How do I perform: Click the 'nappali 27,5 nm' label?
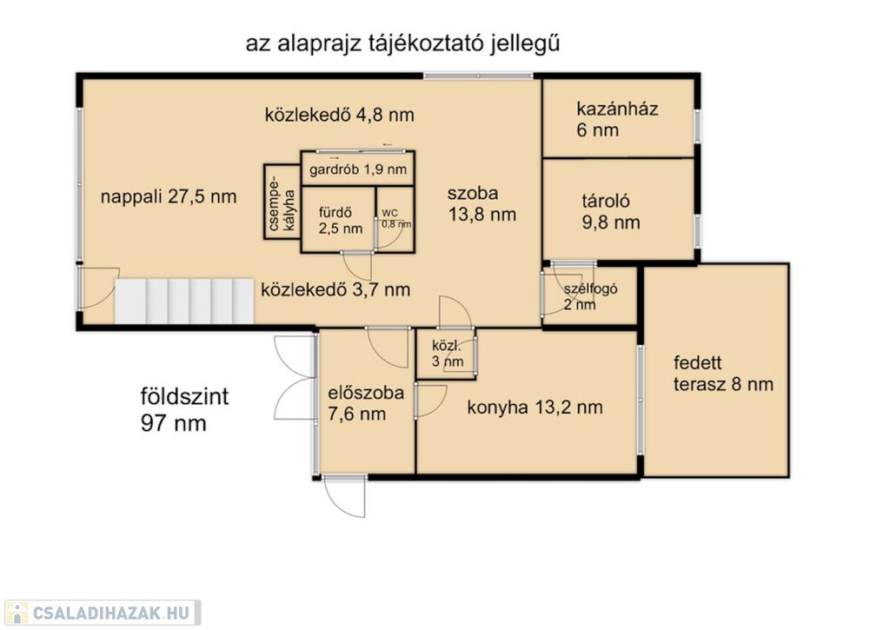169,197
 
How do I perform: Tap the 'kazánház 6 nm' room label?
617,119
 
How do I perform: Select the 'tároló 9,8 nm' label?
611,212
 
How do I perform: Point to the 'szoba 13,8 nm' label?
482,203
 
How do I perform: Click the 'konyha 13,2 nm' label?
535,407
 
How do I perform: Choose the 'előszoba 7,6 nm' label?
366,403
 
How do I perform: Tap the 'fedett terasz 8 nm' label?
723,374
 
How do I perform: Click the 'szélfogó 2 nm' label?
590,297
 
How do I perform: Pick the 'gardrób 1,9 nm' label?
357,169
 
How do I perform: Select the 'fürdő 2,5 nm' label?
340,221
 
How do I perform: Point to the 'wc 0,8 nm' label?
396,218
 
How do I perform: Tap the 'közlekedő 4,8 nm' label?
340,115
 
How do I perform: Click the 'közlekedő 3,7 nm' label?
335,289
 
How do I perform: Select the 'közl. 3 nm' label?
448,354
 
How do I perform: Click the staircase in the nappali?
184,301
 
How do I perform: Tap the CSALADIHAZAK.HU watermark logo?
103,613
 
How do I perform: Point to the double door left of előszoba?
295,377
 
